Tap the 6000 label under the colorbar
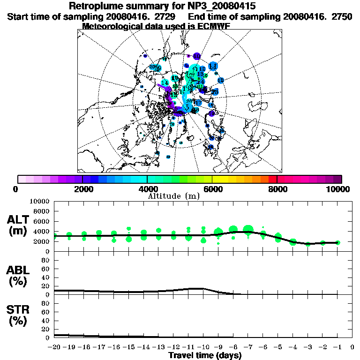212,189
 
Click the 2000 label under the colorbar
82,189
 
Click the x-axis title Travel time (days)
205,355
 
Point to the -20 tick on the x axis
54,347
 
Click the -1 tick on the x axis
337,347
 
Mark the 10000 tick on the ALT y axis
40,201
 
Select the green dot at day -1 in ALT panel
337,242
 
